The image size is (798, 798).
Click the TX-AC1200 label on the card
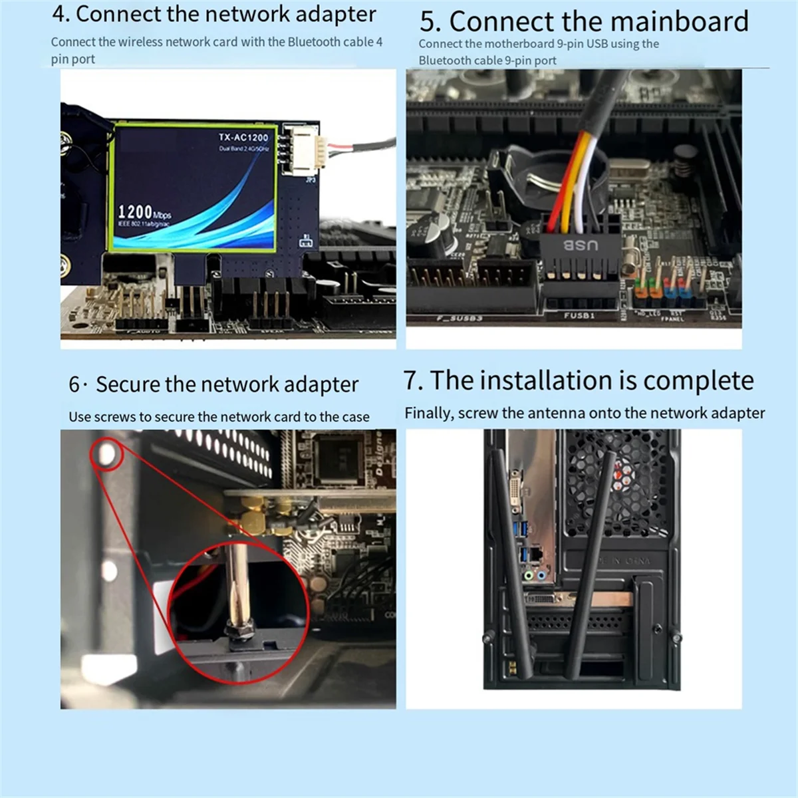pyautogui.click(x=243, y=137)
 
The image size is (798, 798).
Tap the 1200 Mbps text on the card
pyautogui.click(x=144, y=212)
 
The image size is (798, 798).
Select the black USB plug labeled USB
pyautogui.click(x=580, y=247)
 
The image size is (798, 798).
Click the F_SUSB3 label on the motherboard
pyautogui.click(x=459, y=319)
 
